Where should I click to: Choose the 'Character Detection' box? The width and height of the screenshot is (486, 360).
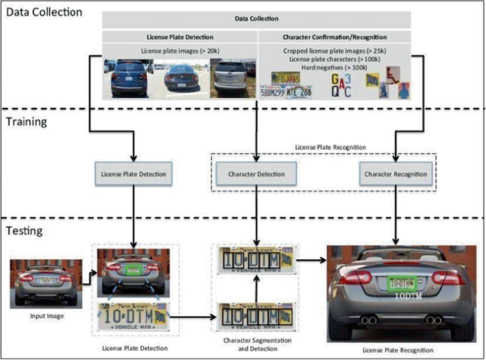point(256,173)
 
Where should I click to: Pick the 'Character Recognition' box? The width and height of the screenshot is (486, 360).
point(396,173)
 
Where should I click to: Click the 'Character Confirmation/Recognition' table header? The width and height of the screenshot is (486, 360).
point(326,36)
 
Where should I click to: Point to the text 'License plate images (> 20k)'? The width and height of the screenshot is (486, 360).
point(180,50)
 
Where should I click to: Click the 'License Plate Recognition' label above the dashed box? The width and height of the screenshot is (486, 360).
point(326,146)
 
